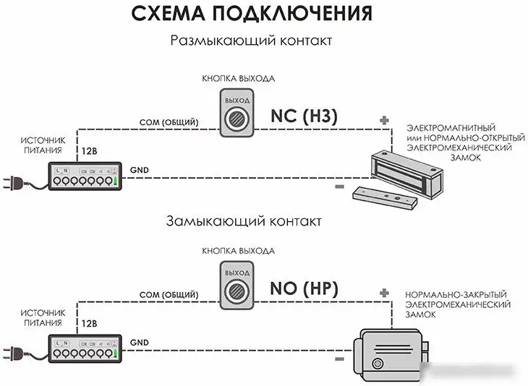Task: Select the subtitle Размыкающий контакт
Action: tap(251, 41)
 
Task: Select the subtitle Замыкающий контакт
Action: tap(243, 220)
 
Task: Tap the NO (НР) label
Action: tap(305, 288)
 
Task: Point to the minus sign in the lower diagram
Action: tap(338, 357)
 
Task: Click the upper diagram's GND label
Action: tap(139, 169)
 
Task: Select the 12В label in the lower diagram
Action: tap(90, 325)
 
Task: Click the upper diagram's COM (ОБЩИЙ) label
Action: tap(167, 122)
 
